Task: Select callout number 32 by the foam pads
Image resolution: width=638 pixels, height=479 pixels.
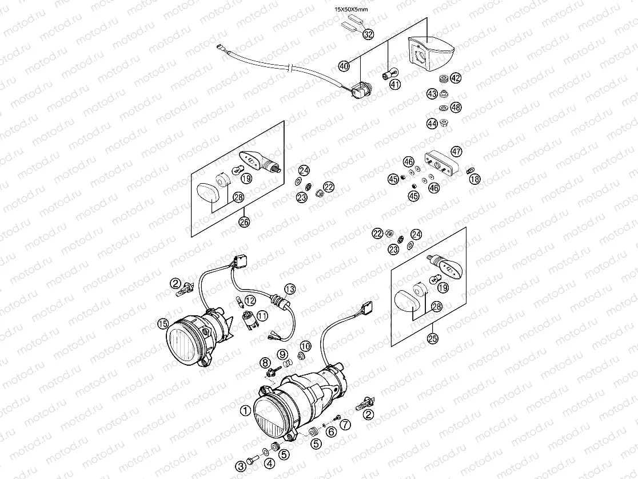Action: pos(368,34)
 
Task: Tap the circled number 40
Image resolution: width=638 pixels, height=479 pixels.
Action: pos(344,66)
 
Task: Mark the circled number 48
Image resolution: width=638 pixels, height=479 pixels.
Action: pos(456,107)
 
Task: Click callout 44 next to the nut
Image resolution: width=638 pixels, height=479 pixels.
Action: pos(432,123)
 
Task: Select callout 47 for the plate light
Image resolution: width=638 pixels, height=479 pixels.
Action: pos(456,152)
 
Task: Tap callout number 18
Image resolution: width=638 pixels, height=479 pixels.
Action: pos(475,179)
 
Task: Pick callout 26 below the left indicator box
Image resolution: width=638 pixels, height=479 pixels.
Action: pos(245,223)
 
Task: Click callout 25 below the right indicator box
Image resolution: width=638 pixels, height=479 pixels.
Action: pos(433,339)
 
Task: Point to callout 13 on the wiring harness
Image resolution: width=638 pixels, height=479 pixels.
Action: pos(290,288)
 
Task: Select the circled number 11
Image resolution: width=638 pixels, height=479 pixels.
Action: pos(262,315)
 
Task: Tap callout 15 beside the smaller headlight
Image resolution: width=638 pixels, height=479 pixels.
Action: pos(163,324)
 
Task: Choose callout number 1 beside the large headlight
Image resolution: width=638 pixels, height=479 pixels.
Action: pos(245,410)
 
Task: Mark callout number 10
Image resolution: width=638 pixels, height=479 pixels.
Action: pos(305,346)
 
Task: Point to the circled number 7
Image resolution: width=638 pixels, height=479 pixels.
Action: pos(345,424)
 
